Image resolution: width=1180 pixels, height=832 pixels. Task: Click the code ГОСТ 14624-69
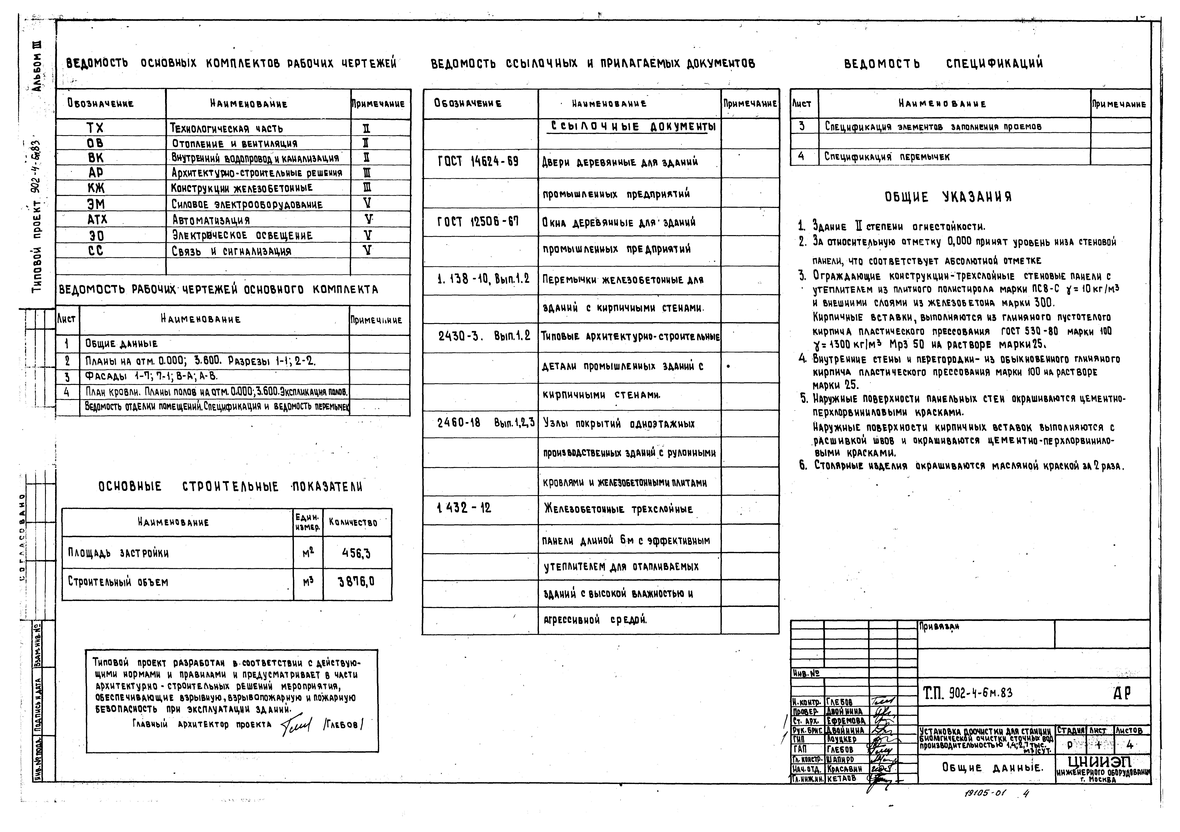point(478,161)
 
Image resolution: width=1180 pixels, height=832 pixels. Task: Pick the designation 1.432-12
point(464,508)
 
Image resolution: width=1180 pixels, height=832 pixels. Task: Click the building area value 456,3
point(356,553)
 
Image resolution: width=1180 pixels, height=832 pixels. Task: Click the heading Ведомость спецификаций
point(944,64)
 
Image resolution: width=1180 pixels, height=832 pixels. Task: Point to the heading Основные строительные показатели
point(230,486)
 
